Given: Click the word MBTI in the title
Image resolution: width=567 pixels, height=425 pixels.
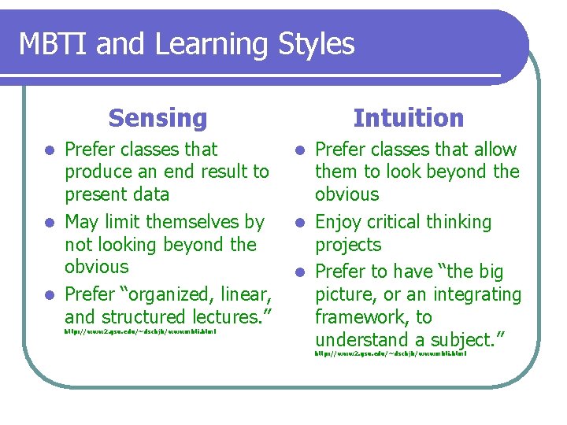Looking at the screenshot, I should click(x=51, y=44).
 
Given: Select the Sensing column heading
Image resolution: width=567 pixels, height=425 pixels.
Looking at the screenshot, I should click(x=157, y=118).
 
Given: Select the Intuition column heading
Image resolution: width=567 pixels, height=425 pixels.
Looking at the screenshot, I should click(x=409, y=118).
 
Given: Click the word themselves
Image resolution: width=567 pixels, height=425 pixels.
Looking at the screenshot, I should click(x=198, y=222).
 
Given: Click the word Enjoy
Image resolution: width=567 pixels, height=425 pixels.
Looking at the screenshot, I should click(x=338, y=222).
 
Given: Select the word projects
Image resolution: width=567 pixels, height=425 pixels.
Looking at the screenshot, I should click(x=348, y=245).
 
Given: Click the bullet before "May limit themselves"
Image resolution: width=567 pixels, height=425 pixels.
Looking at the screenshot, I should click(x=49, y=223).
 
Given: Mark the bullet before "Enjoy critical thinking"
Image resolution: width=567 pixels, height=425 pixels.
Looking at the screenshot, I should click(x=299, y=223).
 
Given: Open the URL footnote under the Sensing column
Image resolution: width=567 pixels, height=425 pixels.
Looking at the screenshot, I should click(x=140, y=331).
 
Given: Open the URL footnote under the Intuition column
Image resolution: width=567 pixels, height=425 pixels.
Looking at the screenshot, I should click(x=391, y=354).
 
